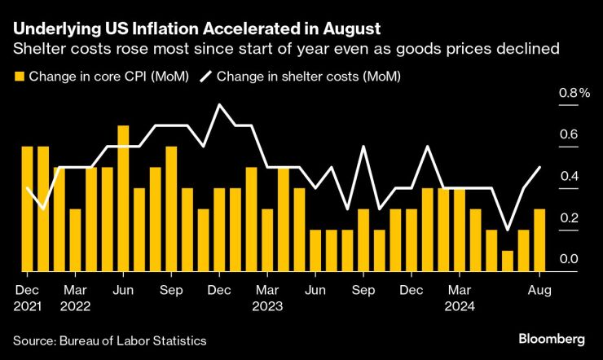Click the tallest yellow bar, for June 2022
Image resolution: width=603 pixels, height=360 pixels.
pyautogui.click(x=123, y=199)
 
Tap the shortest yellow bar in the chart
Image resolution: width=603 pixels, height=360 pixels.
pyautogui.click(x=508, y=261)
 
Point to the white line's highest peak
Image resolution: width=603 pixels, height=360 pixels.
pyautogui.click(x=219, y=105)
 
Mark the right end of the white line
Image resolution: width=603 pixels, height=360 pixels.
pyautogui.click(x=539, y=167)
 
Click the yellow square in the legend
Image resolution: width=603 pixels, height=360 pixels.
pyautogui.click(x=17, y=77)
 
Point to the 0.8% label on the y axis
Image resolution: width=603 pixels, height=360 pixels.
pyautogui.click(x=573, y=93)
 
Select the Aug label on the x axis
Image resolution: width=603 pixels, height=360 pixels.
pyautogui.click(x=539, y=289)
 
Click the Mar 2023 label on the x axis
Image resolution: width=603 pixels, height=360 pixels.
pyautogui.click(x=267, y=297)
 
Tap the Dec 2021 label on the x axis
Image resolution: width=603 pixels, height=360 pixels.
pyautogui.click(x=27, y=297)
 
